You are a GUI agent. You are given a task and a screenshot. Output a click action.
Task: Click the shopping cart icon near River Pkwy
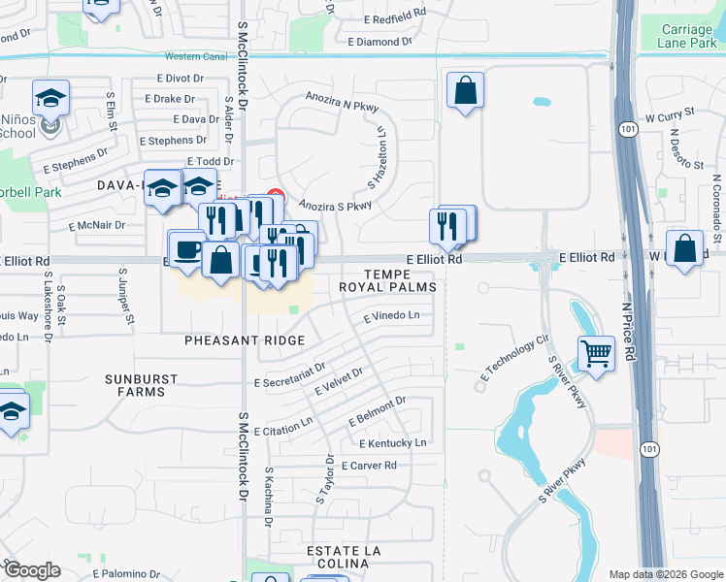click(596, 353)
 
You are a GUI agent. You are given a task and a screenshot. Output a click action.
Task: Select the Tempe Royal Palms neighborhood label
click(388, 280)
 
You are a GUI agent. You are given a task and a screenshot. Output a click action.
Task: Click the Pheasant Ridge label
click(245, 340)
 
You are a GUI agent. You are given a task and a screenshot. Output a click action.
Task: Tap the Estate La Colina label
click(346, 558)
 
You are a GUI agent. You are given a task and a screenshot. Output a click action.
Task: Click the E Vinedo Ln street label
click(391, 316)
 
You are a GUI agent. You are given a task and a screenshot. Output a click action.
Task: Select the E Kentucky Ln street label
click(393, 443)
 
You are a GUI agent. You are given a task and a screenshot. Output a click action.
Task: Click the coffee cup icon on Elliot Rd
click(187, 247)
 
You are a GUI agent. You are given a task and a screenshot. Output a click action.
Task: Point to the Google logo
click(32, 570)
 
